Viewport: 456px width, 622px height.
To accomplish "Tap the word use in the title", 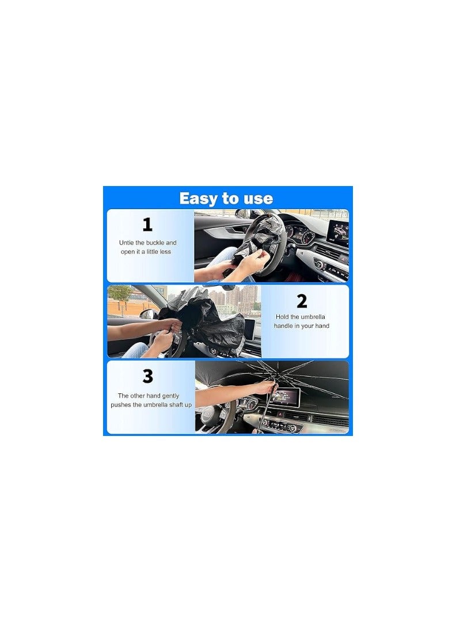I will [x=257, y=199].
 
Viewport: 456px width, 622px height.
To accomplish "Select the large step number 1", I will [x=147, y=225].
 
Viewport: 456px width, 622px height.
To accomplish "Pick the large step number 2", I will [x=302, y=301].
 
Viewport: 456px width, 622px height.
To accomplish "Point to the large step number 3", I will [x=148, y=377].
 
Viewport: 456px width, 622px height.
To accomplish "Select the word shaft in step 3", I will [x=172, y=405].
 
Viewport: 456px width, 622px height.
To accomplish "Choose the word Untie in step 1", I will [x=127, y=243].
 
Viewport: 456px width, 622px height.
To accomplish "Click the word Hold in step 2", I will [x=282, y=317].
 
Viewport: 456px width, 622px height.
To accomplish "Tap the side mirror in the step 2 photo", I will [x=147, y=314].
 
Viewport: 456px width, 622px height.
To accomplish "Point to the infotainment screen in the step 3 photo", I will [x=292, y=396].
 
